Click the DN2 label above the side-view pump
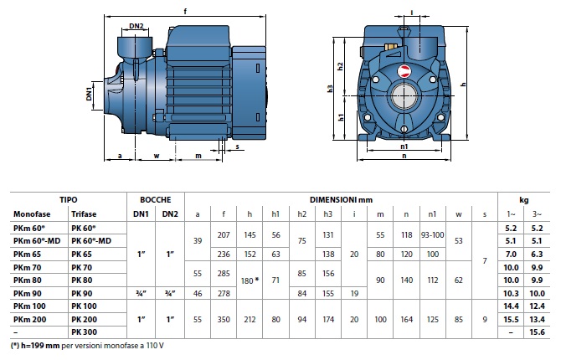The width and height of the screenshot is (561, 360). tap(136, 27)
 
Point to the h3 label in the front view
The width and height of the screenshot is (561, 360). tap(332, 89)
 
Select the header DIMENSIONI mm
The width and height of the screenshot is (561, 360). tap(340, 199)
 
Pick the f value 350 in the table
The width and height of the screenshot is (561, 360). tap(224, 320)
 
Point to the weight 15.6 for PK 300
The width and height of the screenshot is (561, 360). tap(538, 333)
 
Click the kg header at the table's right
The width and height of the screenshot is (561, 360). tap(524, 199)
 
